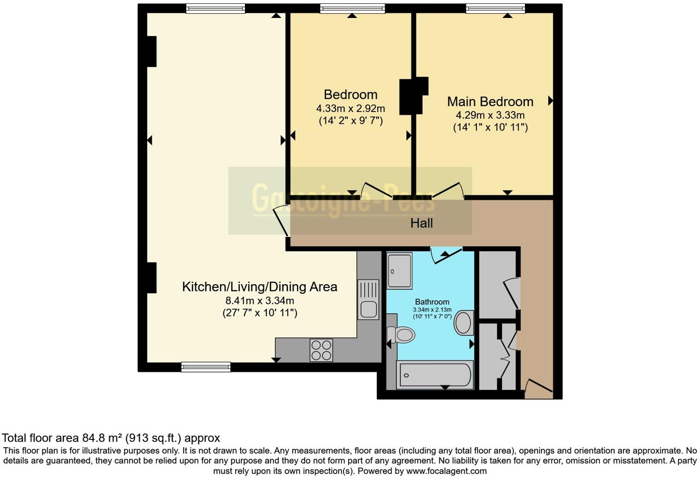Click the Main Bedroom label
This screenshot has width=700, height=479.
[490, 101]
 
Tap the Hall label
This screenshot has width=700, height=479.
[421, 223]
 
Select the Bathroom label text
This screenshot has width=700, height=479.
[432, 302]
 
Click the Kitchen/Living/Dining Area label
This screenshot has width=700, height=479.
[259, 287]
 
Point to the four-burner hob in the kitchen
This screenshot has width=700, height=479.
[321, 350]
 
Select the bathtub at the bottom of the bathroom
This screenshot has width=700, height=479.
[435, 375]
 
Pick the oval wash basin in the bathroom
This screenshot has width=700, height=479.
[464, 323]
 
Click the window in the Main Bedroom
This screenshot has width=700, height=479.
[495, 8]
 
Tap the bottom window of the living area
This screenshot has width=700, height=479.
[206, 367]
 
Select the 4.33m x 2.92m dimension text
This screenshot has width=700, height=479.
[350, 109]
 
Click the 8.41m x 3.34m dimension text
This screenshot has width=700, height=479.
[259, 301]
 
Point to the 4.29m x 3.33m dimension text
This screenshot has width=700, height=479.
[490, 115]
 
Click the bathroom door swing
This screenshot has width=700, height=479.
[446, 255]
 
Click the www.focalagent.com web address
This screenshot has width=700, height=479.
[446, 471]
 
